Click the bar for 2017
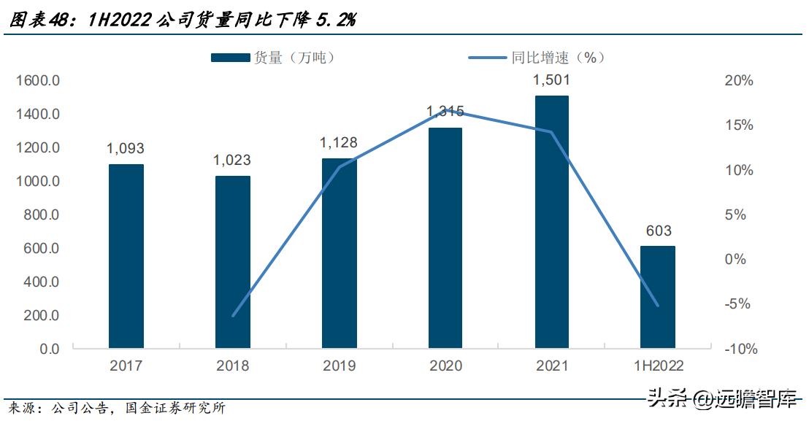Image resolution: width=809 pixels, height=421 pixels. [x=126, y=256]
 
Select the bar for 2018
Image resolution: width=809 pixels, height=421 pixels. [x=233, y=262]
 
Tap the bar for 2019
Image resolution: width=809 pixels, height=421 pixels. [x=340, y=253]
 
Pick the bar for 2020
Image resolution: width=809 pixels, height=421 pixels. [x=445, y=238]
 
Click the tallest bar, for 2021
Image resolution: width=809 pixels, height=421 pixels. [x=551, y=222]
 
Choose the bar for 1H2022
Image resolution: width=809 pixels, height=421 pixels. [x=658, y=297]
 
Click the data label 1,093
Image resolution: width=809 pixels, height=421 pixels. [x=126, y=149]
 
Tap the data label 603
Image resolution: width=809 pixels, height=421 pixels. [x=658, y=231]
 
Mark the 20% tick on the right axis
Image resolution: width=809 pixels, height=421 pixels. [x=738, y=81]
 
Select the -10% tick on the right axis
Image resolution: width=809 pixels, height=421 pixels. [x=738, y=349]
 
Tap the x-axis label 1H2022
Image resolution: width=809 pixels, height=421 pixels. [x=658, y=366]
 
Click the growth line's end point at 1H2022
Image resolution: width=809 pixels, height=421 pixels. [x=658, y=306]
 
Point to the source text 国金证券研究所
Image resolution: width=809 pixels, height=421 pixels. [x=182, y=408]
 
